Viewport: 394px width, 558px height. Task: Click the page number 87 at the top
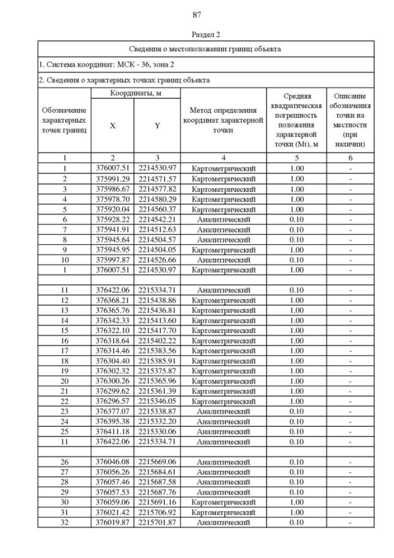click(x=197, y=15)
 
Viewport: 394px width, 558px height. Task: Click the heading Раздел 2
click(x=197, y=35)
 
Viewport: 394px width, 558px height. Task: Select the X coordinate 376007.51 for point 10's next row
click(x=112, y=269)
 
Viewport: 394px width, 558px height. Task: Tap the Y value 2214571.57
click(x=157, y=178)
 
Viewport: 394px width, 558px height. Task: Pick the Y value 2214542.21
click(x=157, y=219)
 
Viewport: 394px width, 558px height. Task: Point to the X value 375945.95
click(x=112, y=249)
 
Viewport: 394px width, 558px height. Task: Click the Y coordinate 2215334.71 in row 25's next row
click(x=157, y=441)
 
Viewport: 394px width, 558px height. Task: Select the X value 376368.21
click(x=112, y=300)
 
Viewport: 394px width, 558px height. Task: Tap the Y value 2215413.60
click(x=157, y=320)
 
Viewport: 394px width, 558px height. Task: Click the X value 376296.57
click(x=112, y=401)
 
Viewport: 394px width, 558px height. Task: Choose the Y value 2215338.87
click(x=157, y=411)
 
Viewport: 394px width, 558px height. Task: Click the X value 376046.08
click(x=112, y=462)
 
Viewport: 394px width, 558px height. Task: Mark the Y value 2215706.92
click(x=157, y=512)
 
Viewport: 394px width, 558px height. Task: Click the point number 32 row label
click(x=65, y=522)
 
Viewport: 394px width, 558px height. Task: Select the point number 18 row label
click(x=65, y=361)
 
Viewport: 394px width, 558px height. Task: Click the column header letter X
click(x=112, y=125)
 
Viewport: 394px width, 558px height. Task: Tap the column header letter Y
click(x=157, y=125)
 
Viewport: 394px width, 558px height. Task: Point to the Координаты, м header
click(x=135, y=93)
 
